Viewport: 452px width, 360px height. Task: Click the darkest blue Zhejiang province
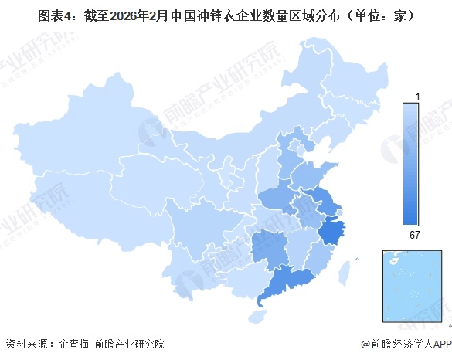[x=333, y=231]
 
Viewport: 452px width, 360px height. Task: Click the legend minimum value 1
[x=418, y=96]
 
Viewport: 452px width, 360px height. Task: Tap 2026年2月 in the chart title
[x=140, y=13]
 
